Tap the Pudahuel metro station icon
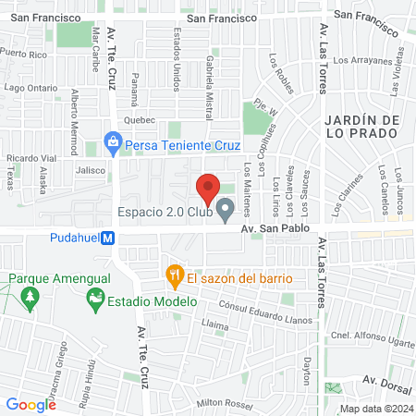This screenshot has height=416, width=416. coord(108,238)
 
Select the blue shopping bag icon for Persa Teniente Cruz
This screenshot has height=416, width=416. coord(112,144)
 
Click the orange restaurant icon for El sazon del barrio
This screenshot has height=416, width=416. coord(172,276)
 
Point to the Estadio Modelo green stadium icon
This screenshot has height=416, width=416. coord(93,301)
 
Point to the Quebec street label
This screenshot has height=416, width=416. coord(139,120)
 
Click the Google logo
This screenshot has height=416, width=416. coord(31,404)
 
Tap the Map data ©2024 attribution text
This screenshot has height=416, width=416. coord(376,409)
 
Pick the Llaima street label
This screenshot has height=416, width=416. coord(214,325)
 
